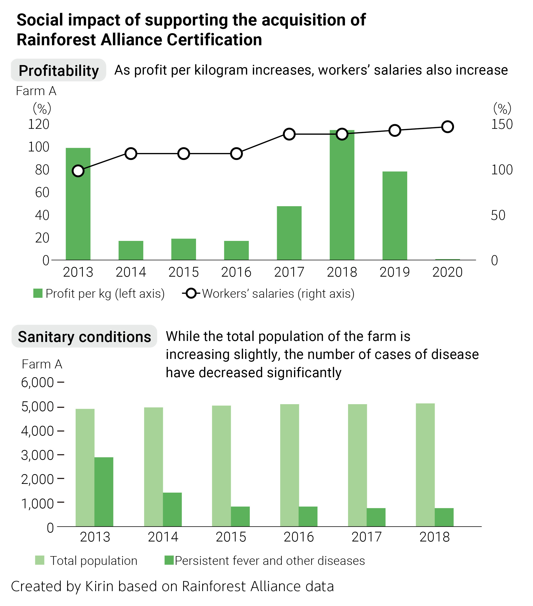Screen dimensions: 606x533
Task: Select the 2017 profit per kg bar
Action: coord(289,233)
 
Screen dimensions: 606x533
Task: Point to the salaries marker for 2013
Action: coord(78,171)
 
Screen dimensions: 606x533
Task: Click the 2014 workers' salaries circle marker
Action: coord(131,153)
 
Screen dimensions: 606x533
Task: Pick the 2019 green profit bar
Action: coord(395,215)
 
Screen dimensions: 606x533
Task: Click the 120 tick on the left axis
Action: coord(39,124)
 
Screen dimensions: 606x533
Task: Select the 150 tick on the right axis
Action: coord(502,124)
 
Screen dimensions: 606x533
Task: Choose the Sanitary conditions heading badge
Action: coord(84,337)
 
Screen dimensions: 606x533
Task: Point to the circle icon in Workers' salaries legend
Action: coord(191,294)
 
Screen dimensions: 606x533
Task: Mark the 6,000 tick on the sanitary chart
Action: coord(37,383)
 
